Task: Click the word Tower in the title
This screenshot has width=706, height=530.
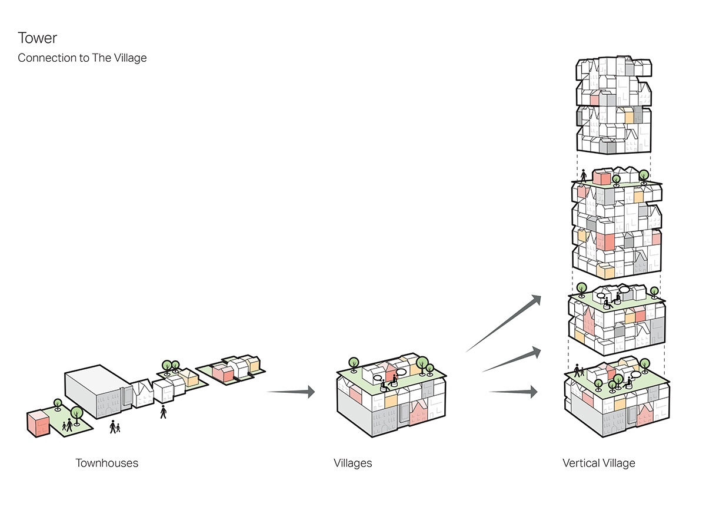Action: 38,38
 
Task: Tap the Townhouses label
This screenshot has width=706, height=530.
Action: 106,463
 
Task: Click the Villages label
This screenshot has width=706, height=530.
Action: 352,463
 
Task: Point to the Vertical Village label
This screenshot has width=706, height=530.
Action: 598,463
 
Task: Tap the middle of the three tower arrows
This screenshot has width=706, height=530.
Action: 512,361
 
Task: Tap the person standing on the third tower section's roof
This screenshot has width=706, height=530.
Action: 584,176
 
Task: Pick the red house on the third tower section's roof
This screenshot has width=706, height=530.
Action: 601,177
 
